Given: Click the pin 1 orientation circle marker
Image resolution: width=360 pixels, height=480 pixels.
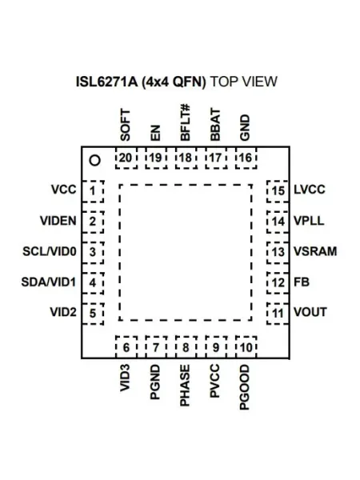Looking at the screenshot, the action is click(x=95, y=161).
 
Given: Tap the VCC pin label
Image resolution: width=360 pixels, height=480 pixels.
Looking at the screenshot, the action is click(x=64, y=190).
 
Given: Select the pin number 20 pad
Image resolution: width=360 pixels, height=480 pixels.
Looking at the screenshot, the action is click(x=126, y=158).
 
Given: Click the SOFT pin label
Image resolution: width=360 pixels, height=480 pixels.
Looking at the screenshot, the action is click(x=126, y=126).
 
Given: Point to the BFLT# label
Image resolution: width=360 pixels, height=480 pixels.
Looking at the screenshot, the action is click(x=186, y=122).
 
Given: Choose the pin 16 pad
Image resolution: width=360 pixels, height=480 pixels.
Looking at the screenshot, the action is click(x=246, y=158).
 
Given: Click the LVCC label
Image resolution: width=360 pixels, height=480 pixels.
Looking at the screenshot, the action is click(x=309, y=190).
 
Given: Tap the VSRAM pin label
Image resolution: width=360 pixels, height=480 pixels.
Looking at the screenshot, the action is click(x=315, y=251).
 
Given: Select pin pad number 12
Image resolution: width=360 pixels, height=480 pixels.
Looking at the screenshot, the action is click(x=278, y=283).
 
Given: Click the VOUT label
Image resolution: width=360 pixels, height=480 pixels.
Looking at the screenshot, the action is click(x=310, y=312).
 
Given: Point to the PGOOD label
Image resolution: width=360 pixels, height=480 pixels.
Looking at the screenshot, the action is click(x=245, y=387).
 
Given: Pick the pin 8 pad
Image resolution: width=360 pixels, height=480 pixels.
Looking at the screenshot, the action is click(x=186, y=347).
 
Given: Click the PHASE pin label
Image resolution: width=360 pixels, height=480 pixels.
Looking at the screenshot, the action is click(x=185, y=386).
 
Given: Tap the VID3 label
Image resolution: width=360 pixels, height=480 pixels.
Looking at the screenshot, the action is click(x=125, y=378).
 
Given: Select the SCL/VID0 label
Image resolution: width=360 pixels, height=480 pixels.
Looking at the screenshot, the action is click(x=50, y=251).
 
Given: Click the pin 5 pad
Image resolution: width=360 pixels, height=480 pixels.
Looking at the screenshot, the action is click(x=93, y=314).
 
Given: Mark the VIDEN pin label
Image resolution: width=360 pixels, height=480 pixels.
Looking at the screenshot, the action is click(x=58, y=221).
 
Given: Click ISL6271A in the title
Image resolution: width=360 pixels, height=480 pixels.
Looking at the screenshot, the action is click(x=107, y=82).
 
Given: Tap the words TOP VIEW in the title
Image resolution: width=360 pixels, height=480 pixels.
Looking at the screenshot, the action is click(x=244, y=82).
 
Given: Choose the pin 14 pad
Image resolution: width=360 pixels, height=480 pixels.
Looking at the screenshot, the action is click(x=278, y=222).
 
